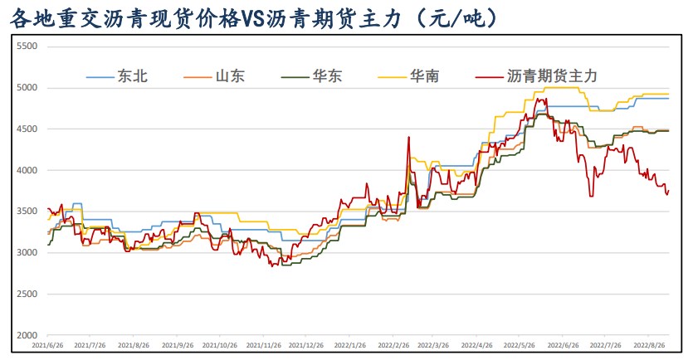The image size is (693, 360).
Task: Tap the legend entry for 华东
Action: tap(326, 76)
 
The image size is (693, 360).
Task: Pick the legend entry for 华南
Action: tap(424, 76)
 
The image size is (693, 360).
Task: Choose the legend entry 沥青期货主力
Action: tap(551, 76)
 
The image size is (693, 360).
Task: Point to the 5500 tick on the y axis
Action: tap(27, 46)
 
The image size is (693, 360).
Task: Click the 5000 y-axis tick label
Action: tap(27, 88)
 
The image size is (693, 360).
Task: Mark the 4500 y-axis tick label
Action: tap(27, 129)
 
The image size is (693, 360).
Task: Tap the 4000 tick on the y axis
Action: tap(27, 170)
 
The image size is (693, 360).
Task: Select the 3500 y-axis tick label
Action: tap(27, 212)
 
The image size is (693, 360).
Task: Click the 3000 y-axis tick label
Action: tap(27, 253)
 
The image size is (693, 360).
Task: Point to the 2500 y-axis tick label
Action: tap(27, 294)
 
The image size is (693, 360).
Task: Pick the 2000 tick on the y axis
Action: tap(27, 336)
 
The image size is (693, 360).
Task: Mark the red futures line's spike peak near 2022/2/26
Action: tap(408, 138)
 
